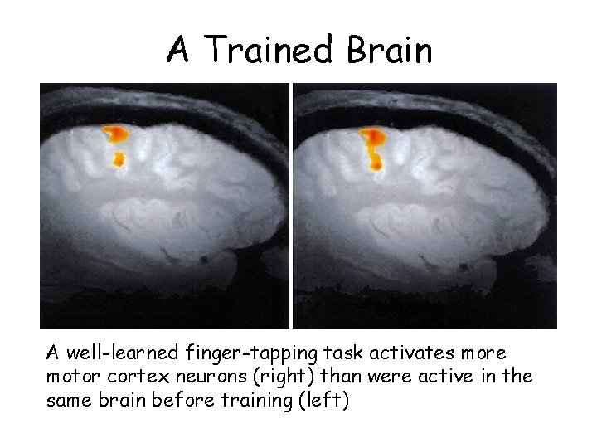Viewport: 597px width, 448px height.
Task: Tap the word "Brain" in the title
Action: tap(390, 50)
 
